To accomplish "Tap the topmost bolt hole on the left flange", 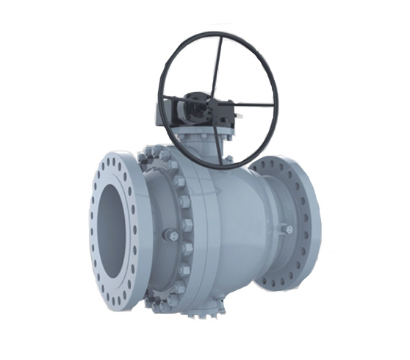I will [x=120, y=162].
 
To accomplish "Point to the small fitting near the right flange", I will [x=289, y=229].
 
